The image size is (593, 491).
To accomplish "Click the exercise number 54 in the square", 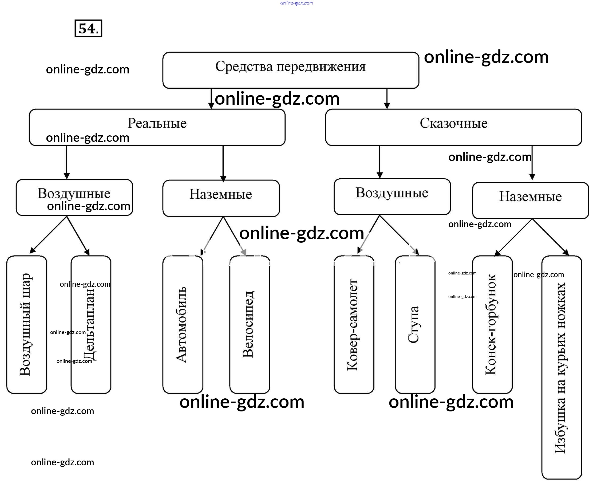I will (x=88, y=28).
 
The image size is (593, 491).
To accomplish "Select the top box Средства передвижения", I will (x=291, y=70).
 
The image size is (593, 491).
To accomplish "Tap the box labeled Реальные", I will (x=157, y=127).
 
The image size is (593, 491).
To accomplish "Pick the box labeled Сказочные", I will (x=453, y=127).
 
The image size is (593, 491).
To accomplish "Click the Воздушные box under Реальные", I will (x=74, y=198).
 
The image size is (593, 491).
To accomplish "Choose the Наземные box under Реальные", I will (x=221, y=198).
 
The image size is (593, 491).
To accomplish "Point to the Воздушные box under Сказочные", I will (x=392, y=197).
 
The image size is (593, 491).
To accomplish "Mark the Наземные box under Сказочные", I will (x=530, y=200).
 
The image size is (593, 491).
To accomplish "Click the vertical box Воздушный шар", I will (x=26, y=324).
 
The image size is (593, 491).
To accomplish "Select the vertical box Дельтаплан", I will (x=91, y=324).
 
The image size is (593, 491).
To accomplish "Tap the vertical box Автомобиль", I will (x=183, y=324).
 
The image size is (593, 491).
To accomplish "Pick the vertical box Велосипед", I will (x=250, y=324).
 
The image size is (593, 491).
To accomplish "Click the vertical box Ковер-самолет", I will (x=354, y=324).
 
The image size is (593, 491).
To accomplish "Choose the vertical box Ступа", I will (x=415, y=324).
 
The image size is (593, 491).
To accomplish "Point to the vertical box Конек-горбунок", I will (x=492, y=324).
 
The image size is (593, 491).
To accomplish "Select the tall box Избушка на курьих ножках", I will (x=561, y=367).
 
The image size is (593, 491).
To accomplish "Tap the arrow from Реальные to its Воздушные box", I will (x=67, y=162).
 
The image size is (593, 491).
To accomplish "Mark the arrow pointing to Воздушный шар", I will (x=48, y=234).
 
